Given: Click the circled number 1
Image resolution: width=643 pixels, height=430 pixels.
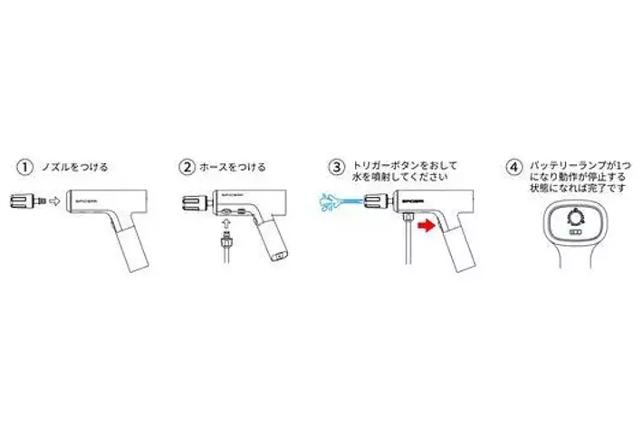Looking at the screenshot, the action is (24, 167).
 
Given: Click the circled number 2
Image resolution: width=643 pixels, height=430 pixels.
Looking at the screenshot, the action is (187, 167).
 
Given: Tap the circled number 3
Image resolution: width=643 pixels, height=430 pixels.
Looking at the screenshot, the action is (337, 167).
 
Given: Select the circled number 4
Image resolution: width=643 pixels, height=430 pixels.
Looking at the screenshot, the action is (513, 167).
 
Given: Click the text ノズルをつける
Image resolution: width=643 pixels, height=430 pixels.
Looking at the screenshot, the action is (74, 167).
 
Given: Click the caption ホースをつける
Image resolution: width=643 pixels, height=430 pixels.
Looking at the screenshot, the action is (233, 167).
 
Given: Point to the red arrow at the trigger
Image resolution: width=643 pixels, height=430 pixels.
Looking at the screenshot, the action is (426, 225).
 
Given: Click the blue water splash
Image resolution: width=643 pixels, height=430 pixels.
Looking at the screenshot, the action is (328, 202).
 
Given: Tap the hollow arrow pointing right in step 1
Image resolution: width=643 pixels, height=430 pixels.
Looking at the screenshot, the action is (54, 201).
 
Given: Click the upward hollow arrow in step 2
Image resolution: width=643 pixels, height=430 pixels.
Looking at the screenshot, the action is (226, 223).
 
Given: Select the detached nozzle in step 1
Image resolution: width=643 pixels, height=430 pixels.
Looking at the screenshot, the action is (28, 201).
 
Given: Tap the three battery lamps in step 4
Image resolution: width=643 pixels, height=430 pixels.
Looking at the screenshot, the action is (576, 232).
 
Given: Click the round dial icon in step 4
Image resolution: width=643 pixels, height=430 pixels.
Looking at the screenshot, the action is (576, 217).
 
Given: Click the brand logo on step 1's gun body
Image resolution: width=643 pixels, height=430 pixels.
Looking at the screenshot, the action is (85, 200).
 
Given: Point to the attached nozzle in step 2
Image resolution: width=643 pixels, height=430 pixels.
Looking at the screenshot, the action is (196, 201).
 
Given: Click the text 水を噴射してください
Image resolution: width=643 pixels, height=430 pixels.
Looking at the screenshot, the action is (399, 178).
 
